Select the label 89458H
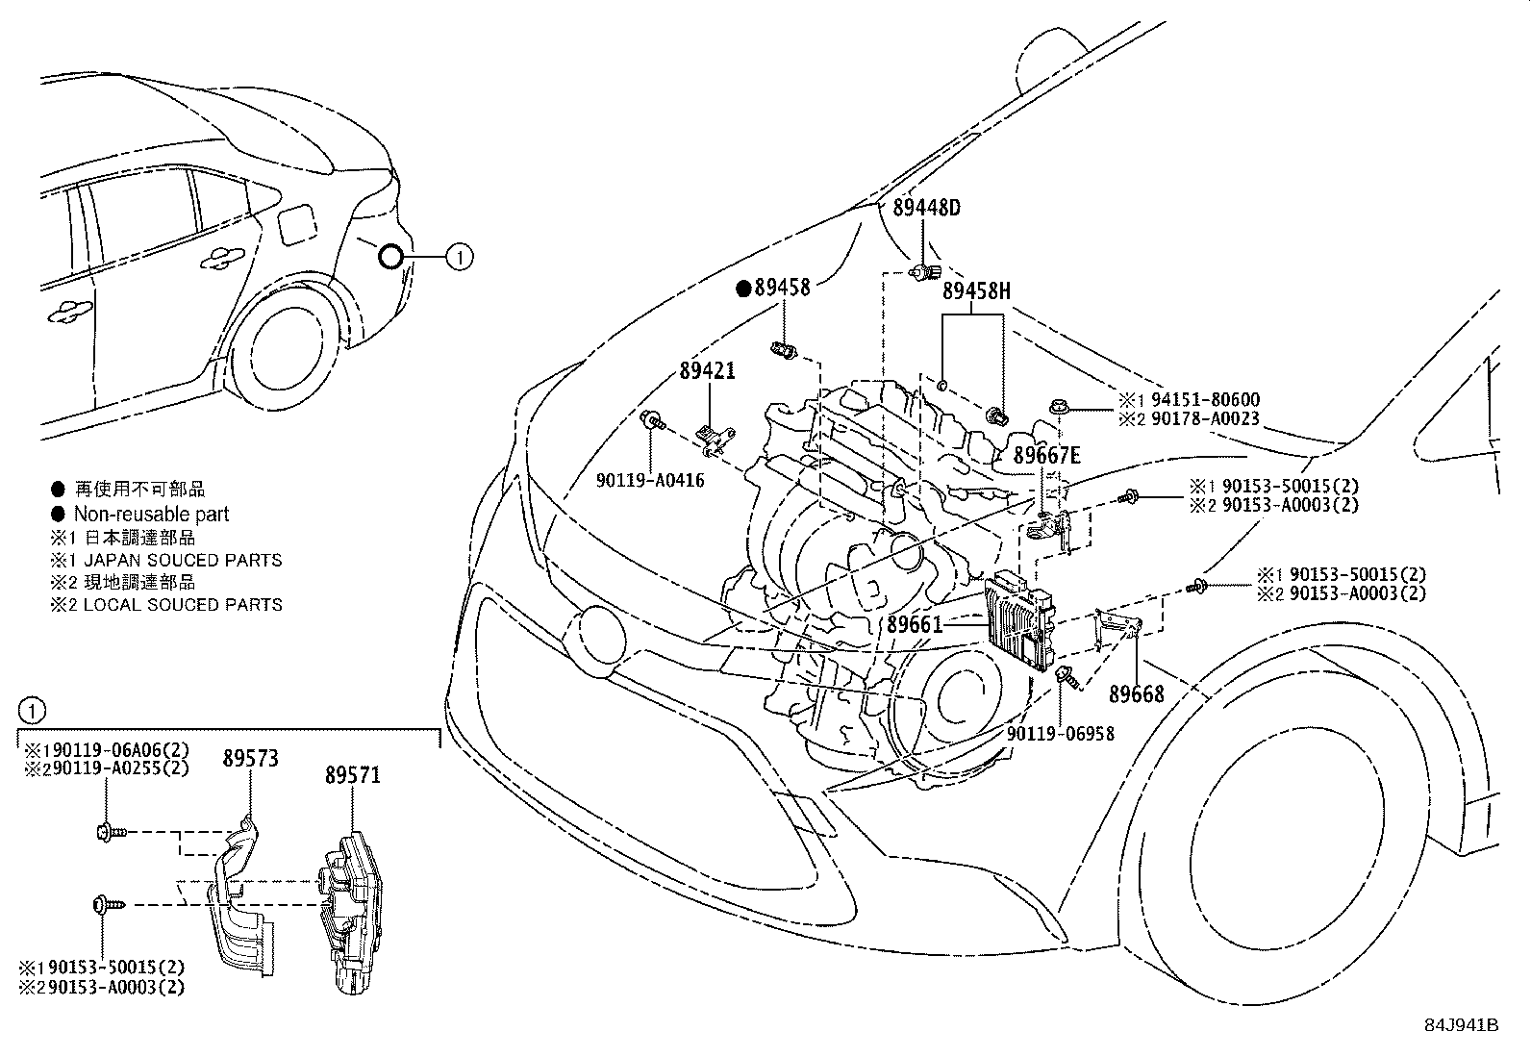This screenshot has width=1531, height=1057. coord(976,291)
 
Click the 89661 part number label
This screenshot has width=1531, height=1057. coord(915,624)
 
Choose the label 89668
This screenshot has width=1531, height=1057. coord(1136,693)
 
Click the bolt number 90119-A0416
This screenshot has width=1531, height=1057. coord(649,479)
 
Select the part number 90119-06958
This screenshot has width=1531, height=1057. coord(1061,733)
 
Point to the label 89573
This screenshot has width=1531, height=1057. coord(250,759)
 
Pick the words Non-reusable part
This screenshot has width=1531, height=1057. coord(151,515)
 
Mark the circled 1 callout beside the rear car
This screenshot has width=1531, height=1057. coord(460,256)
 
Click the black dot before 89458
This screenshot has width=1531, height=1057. coord(742,287)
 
